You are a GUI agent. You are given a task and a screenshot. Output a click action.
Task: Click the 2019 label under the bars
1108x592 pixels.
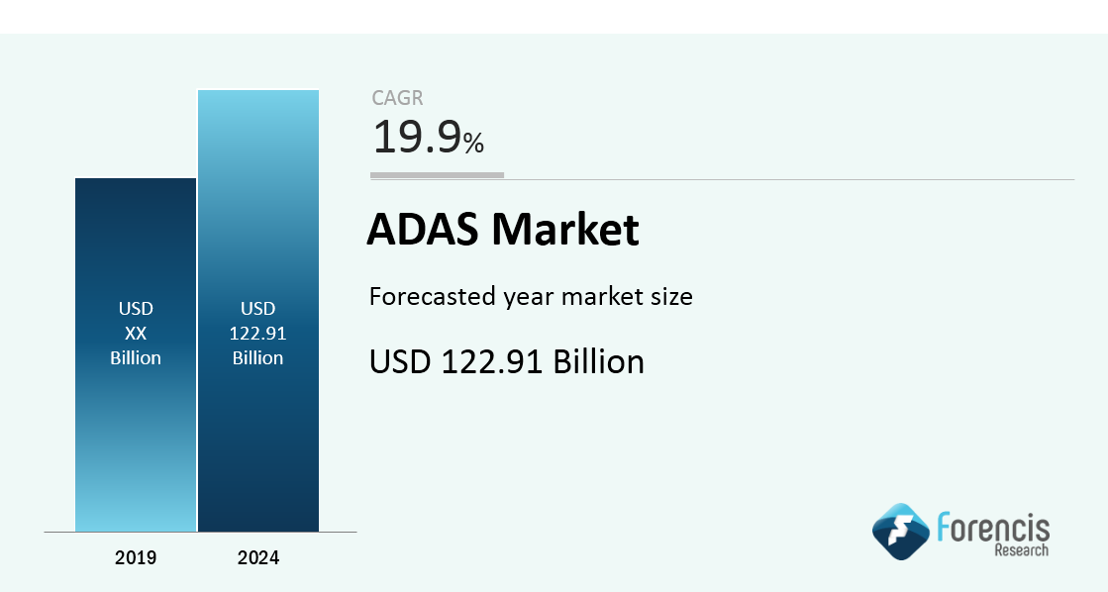coord(136,558)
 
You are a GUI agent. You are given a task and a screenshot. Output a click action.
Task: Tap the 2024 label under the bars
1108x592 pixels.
coord(257,558)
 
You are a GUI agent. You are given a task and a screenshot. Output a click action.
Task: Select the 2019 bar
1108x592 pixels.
coord(136,354)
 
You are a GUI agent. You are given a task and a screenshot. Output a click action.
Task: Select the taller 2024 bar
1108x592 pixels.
coord(258,311)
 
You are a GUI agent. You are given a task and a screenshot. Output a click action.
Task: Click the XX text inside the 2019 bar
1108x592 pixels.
coord(136,334)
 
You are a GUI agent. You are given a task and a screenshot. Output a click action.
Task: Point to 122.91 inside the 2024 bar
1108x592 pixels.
coord(257,334)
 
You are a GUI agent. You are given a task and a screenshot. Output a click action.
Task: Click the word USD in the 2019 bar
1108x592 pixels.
coord(136,309)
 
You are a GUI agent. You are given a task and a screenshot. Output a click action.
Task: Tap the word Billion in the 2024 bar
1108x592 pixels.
coord(257,358)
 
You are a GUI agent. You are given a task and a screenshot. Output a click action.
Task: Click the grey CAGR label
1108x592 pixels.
coord(397,98)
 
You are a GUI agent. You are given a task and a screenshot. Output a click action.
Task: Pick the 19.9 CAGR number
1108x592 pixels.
coord(417,137)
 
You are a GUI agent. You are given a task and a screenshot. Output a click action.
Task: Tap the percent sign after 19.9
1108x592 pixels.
coord(473,143)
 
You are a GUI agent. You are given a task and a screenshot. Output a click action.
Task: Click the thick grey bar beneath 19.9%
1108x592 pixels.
coord(438,175)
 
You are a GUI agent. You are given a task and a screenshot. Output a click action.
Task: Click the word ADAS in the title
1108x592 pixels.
coord(423,229)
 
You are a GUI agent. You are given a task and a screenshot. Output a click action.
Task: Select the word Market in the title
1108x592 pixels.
coord(565,229)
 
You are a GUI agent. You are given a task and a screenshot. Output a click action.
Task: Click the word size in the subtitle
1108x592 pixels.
coord(672,297)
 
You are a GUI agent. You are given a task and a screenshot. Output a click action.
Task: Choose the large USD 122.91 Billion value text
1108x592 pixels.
coord(507,361)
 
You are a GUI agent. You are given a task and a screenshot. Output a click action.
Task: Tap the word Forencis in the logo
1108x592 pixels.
coord(993,528)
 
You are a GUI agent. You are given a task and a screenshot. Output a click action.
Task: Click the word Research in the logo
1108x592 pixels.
coord(1022,549)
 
